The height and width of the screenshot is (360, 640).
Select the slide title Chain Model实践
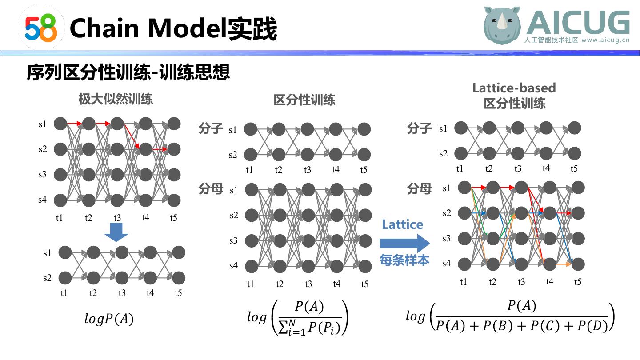(x=173, y=28)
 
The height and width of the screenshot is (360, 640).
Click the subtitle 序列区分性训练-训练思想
(x=128, y=72)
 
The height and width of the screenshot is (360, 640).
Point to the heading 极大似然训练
(x=116, y=99)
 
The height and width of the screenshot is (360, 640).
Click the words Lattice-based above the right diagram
(x=514, y=88)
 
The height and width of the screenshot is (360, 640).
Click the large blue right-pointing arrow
(x=405, y=244)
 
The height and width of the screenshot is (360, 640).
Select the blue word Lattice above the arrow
(x=402, y=225)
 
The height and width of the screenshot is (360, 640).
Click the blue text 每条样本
(x=404, y=260)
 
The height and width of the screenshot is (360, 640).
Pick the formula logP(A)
(x=109, y=319)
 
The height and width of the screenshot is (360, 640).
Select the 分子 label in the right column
(x=419, y=128)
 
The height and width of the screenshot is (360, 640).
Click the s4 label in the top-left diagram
(x=42, y=200)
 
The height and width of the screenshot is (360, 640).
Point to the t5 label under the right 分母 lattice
(x=577, y=282)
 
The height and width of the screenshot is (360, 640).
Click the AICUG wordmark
(x=578, y=22)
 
